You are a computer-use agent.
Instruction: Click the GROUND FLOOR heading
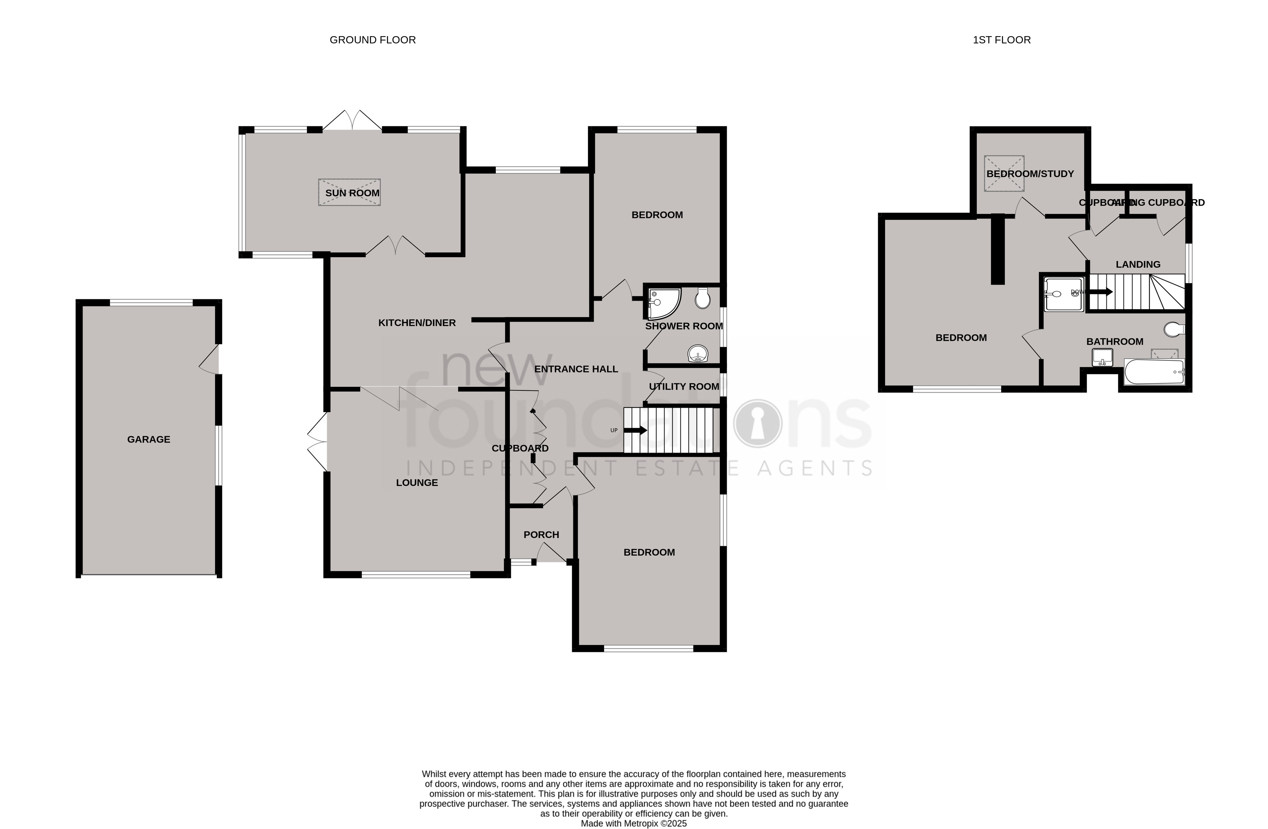click(372, 40)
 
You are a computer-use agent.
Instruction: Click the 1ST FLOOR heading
click(1001, 40)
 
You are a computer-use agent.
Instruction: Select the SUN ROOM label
click(352, 193)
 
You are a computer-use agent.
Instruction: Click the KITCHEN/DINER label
click(417, 323)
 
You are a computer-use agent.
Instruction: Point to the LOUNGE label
click(417, 483)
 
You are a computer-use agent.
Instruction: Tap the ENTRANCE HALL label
click(576, 369)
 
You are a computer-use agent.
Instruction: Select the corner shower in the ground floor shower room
click(662, 303)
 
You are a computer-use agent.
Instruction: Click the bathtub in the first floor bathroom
click(1153, 371)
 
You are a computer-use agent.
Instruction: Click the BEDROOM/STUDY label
click(1029, 174)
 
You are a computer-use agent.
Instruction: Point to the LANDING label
click(1137, 265)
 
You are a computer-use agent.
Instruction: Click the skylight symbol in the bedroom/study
click(1004, 174)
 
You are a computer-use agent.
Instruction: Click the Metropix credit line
click(633, 824)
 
